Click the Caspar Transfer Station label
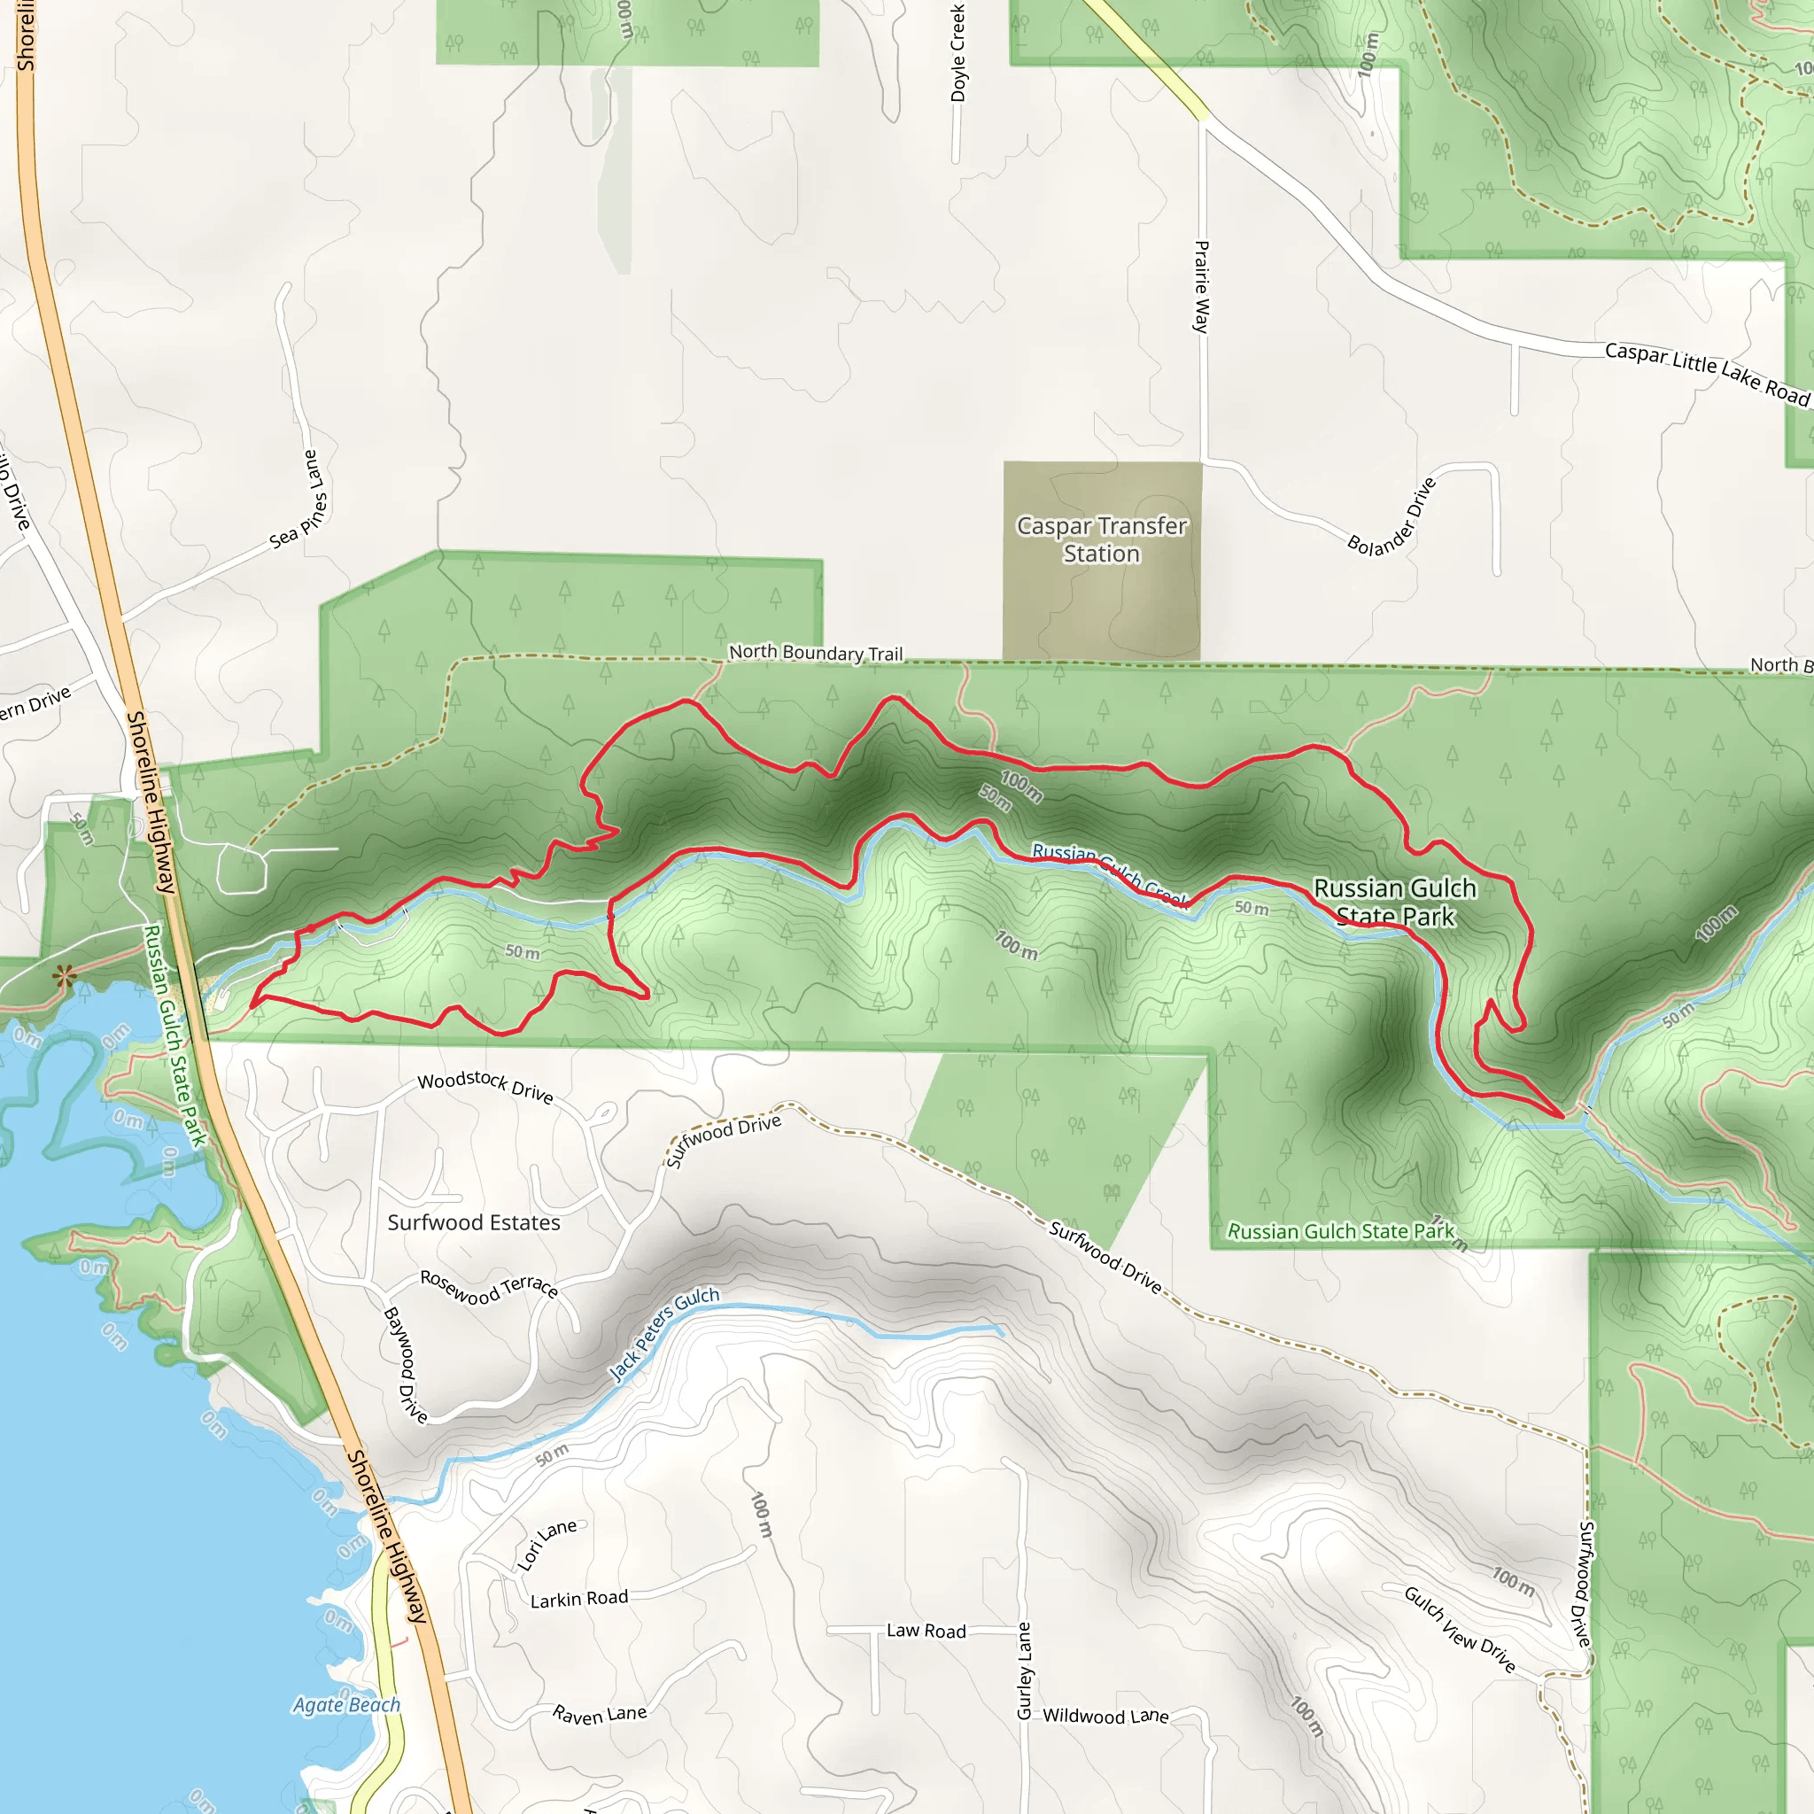(x=1101, y=540)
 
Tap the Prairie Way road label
(x=1201, y=286)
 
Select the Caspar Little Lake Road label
(x=1706, y=373)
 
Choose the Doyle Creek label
(x=957, y=52)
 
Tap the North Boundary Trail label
(x=815, y=653)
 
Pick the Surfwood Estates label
(x=473, y=1222)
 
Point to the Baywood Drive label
(x=405, y=1364)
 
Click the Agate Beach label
(x=346, y=1704)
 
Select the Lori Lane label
(x=547, y=1545)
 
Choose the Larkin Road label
(x=578, y=1599)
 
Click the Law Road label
(x=926, y=1631)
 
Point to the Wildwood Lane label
(x=1105, y=1717)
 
